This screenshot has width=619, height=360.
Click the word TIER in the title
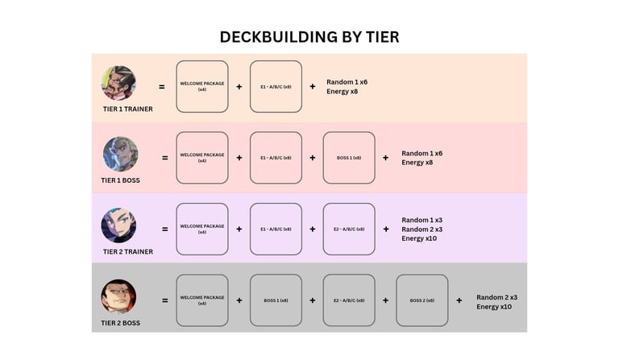point(383,37)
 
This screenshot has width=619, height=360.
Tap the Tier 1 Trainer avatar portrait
point(118,83)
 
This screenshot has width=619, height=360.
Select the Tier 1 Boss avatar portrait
point(120,154)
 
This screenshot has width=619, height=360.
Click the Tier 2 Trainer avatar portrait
point(118,226)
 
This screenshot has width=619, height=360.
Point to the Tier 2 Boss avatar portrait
point(118,296)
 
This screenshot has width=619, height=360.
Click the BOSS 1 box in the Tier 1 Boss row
point(349,158)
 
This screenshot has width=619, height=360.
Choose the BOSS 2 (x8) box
point(422,300)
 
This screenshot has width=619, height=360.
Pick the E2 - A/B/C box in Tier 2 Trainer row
point(349,229)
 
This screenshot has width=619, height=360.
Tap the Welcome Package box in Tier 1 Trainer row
point(202,87)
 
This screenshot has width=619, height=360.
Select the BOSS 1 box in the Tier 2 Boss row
point(276,300)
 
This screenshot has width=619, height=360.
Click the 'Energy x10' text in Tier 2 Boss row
point(494,307)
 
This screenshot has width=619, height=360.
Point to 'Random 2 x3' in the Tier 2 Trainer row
point(422,230)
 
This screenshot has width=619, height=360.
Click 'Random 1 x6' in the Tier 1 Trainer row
point(347,82)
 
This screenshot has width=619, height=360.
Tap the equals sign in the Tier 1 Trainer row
point(162,87)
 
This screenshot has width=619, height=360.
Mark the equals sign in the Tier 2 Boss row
point(165,300)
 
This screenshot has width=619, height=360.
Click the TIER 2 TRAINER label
point(128,251)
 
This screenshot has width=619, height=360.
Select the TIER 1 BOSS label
point(120,180)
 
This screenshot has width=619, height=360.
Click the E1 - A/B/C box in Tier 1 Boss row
point(276,158)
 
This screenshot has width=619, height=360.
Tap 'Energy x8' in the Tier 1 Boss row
point(418,163)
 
